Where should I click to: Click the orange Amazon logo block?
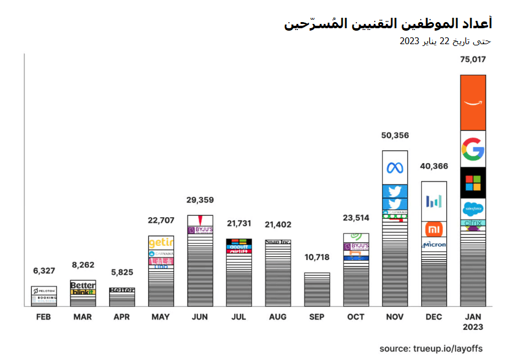(x=473, y=102)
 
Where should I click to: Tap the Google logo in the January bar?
(x=473, y=149)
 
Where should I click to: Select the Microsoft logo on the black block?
(x=473, y=183)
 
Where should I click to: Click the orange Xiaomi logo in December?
(x=433, y=229)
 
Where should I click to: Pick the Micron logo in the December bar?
(x=433, y=245)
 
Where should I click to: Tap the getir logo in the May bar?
(x=161, y=243)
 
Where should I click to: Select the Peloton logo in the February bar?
(x=44, y=290)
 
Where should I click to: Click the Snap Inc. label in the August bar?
(x=278, y=242)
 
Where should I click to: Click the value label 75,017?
(x=473, y=59)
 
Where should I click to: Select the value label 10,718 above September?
(x=317, y=257)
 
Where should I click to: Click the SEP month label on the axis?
(x=317, y=317)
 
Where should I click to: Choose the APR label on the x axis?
(x=122, y=317)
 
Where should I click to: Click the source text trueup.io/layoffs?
(x=432, y=348)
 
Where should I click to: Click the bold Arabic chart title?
(x=387, y=23)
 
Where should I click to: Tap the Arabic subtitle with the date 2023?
(x=445, y=41)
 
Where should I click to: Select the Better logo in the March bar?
(x=83, y=285)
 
